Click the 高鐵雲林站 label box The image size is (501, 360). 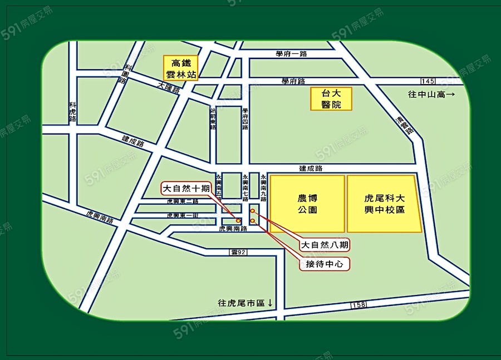[x=180, y=68]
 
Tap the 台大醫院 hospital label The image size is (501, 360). [x=331, y=99]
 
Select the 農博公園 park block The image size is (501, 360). [x=307, y=204]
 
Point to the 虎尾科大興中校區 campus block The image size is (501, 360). [x=384, y=204]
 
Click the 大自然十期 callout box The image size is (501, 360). [x=186, y=188]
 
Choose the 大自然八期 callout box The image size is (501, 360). [x=326, y=245]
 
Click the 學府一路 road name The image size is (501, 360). [x=291, y=54]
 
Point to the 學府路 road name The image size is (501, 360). [x=293, y=81]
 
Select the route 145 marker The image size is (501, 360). [x=429, y=81]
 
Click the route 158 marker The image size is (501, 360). [x=359, y=305]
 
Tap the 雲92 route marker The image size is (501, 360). [x=238, y=252]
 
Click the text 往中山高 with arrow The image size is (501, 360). [x=431, y=95]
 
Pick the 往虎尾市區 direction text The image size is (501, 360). [x=245, y=303]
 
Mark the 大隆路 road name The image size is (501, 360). [x=169, y=87]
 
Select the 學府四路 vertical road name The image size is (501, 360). [x=245, y=119]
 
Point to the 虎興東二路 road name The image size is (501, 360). [x=183, y=201]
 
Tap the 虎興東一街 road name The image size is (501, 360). [x=183, y=215]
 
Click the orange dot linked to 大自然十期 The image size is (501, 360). [x=238, y=220]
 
